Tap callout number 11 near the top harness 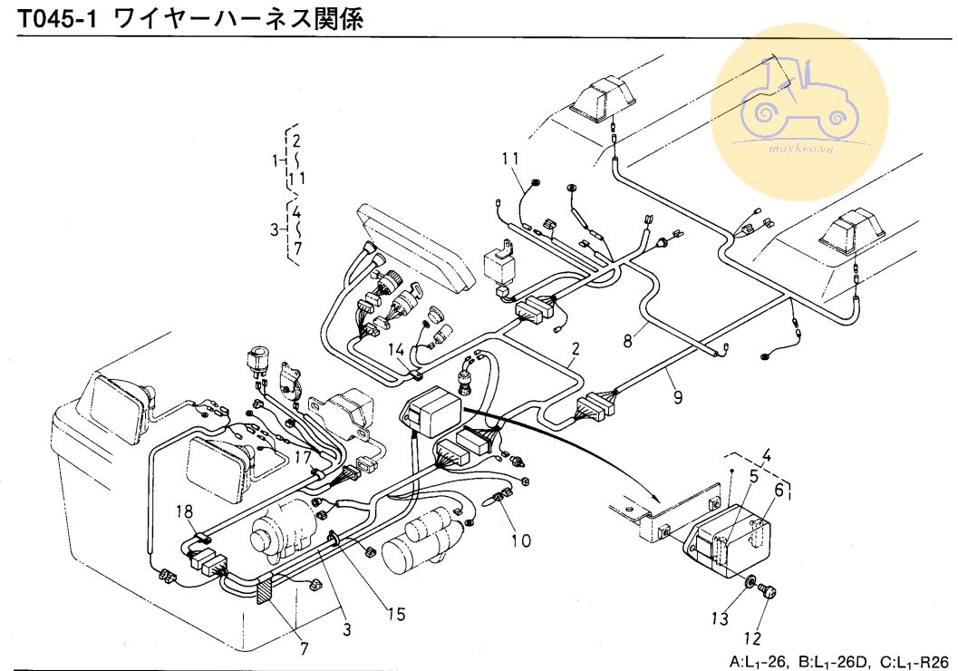(x=512, y=160)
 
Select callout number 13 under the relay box (x=719, y=619)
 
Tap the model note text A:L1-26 (x=760, y=661)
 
